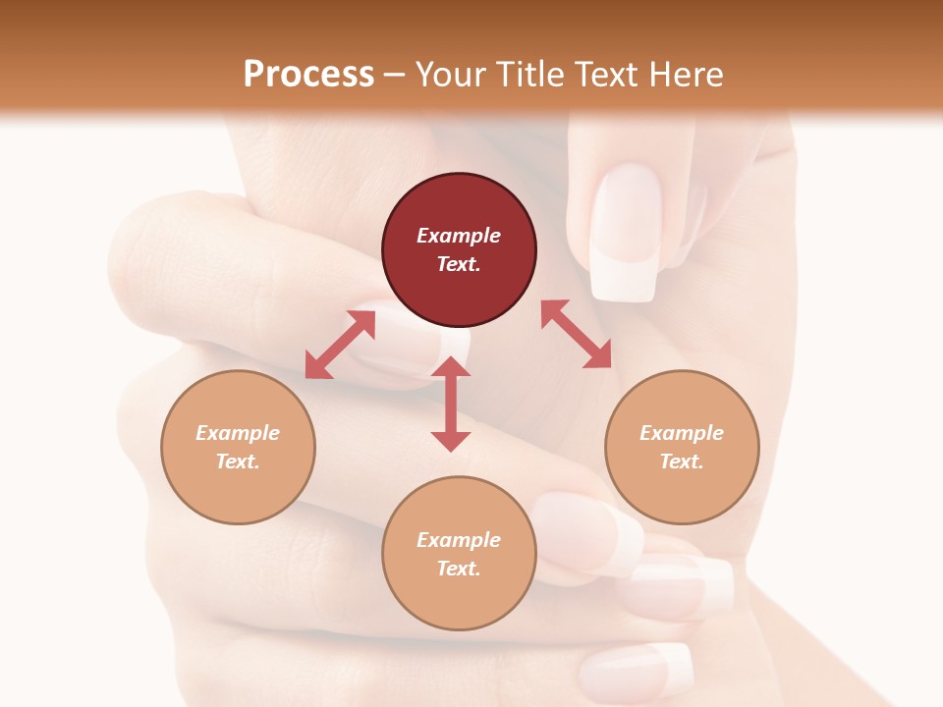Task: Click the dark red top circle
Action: (x=459, y=250)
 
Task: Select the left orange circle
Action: (x=238, y=447)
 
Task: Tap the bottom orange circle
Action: (x=459, y=553)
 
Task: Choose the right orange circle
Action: (x=682, y=447)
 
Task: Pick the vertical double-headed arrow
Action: (x=451, y=404)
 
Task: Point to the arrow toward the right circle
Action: (x=576, y=334)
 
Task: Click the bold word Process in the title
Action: (x=308, y=74)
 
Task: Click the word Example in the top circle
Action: (x=459, y=236)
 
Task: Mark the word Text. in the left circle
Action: (x=238, y=462)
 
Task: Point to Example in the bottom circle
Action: (x=459, y=539)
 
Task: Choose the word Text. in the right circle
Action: (x=682, y=462)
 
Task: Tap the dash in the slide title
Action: (x=394, y=75)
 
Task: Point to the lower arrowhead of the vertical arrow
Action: (x=451, y=441)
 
